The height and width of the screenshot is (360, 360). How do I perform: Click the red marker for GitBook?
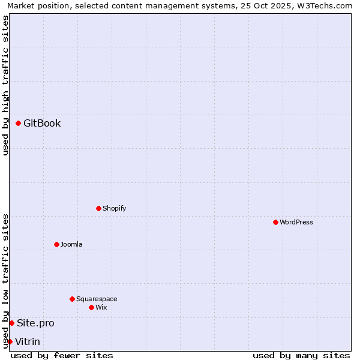pyautogui.click(x=19, y=124)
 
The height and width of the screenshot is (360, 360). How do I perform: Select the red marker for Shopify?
pyautogui.click(x=99, y=209)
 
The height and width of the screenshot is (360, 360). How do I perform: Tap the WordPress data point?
pyautogui.click(x=276, y=223)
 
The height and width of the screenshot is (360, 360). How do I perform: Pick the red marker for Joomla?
pyautogui.click(x=57, y=245)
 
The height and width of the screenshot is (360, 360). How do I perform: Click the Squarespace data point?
pyautogui.click(x=73, y=299)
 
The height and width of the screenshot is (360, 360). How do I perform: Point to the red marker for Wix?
pyautogui.click(x=92, y=308)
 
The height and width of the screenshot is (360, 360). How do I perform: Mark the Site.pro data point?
pyautogui.click(x=12, y=323)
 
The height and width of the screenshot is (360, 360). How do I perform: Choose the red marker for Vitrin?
pyautogui.click(x=10, y=342)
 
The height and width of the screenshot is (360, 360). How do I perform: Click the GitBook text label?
pyautogui.click(x=42, y=124)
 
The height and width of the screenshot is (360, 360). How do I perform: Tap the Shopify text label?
pyautogui.click(x=114, y=209)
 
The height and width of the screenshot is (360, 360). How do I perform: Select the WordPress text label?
pyautogui.click(x=296, y=223)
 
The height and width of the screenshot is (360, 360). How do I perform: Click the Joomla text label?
pyautogui.click(x=71, y=245)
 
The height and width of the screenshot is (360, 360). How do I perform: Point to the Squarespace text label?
pyautogui.click(x=97, y=299)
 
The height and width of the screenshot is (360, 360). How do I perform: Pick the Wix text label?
pyautogui.click(x=101, y=308)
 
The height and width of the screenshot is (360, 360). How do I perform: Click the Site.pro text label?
pyautogui.click(x=35, y=323)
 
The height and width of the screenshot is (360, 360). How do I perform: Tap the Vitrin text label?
pyautogui.click(x=28, y=342)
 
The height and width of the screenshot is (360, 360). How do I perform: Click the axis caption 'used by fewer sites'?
pyautogui.click(x=62, y=355)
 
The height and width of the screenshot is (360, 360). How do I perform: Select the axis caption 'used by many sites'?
pyautogui.click(x=301, y=355)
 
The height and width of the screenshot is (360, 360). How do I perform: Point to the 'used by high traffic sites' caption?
pyautogui.click(x=5, y=85)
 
